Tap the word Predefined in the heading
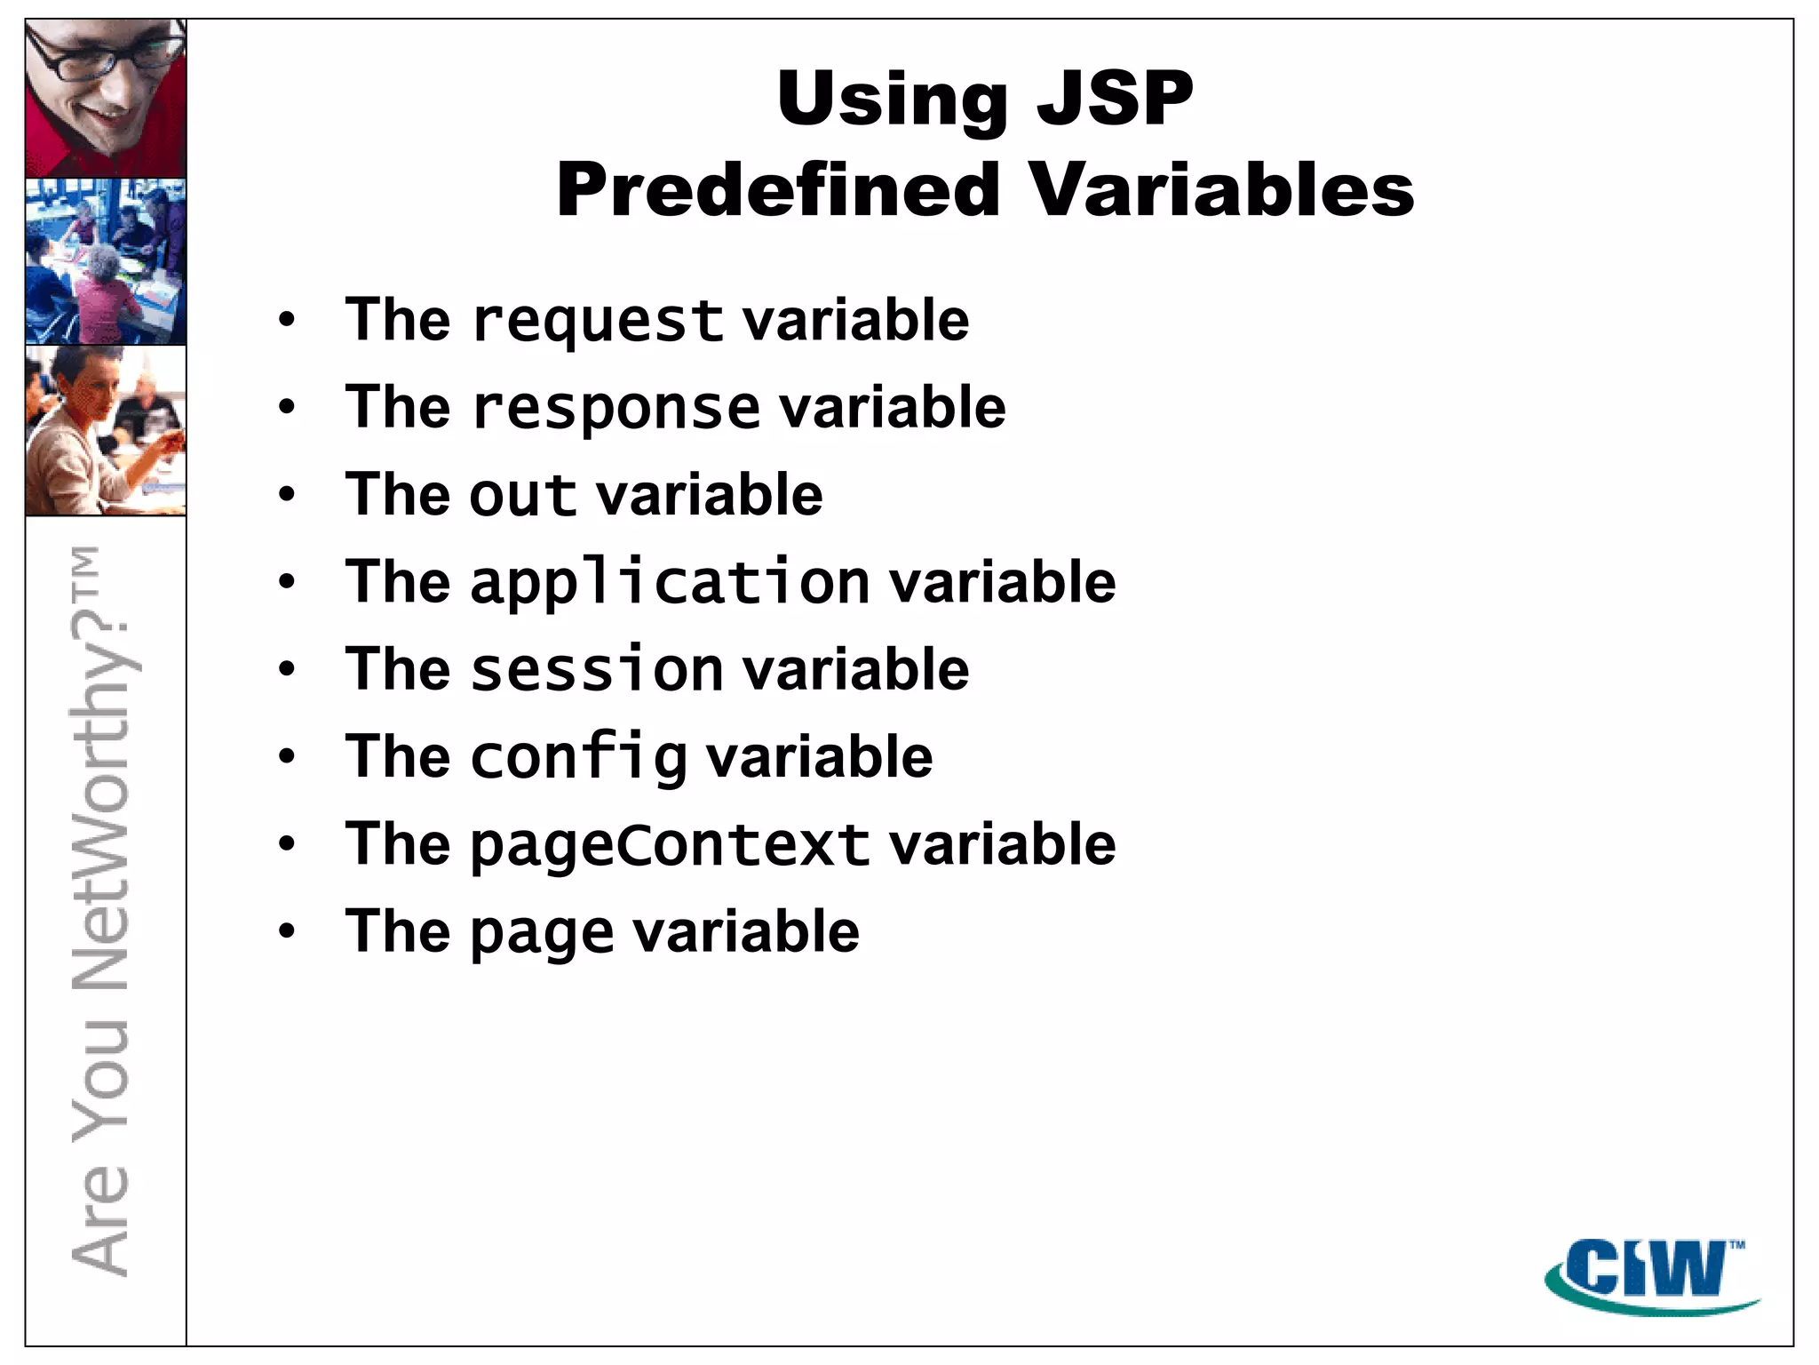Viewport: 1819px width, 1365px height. [x=778, y=190]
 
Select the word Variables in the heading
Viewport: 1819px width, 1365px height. [x=1221, y=190]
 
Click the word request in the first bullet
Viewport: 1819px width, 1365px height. [x=598, y=322]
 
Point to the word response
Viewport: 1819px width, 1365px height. [x=616, y=409]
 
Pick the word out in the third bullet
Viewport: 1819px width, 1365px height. [x=523, y=495]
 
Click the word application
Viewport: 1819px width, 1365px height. [x=670, y=583]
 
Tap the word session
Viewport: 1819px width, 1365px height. [x=597, y=669]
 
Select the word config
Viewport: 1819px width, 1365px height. [x=578, y=757]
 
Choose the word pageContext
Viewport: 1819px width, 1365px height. [x=670, y=844]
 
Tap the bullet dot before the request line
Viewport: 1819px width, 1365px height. [x=286, y=320]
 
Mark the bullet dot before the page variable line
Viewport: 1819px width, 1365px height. [x=286, y=931]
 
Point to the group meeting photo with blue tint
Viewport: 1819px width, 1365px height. [x=106, y=261]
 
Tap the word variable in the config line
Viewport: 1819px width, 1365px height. [x=819, y=757]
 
